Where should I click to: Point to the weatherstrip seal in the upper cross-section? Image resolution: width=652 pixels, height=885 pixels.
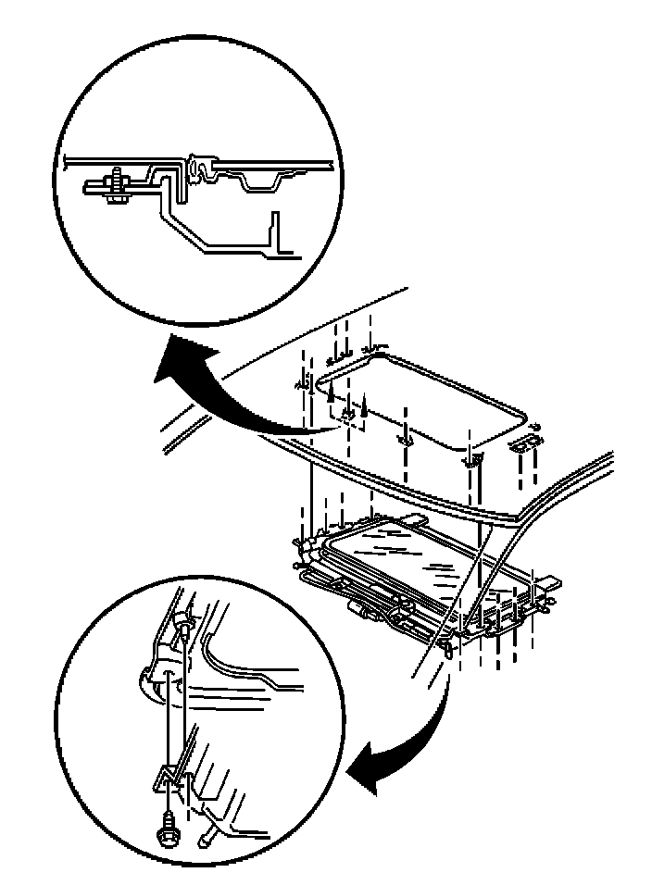pos(197,167)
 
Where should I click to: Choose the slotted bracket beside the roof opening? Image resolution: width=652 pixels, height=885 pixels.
pos(525,442)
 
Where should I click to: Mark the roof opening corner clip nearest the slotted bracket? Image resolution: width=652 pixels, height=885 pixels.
pos(471,457)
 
